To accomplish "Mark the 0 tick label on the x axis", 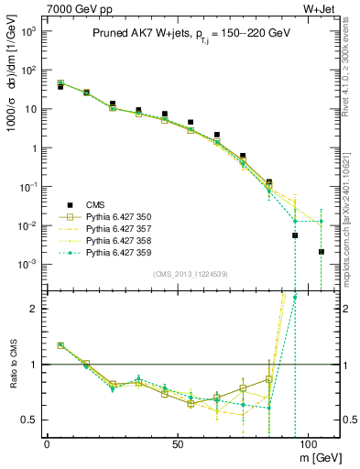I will (47, 442).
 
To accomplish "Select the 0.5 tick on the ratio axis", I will (28, 420).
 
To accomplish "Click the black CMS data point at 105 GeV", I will (321, 252).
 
